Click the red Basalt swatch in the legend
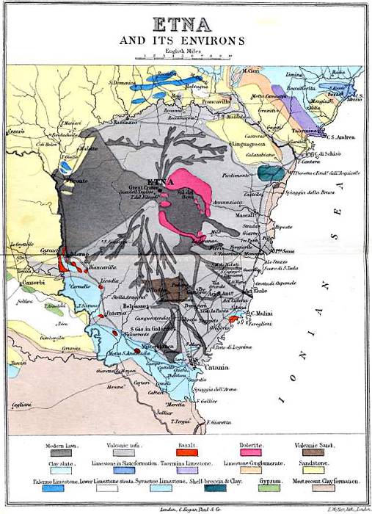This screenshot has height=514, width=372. tap(189, 455)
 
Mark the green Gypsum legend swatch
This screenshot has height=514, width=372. tap(269, 488)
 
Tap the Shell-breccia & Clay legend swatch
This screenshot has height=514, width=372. tap(213, 488)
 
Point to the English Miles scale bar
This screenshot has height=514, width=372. tap(187, 56)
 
